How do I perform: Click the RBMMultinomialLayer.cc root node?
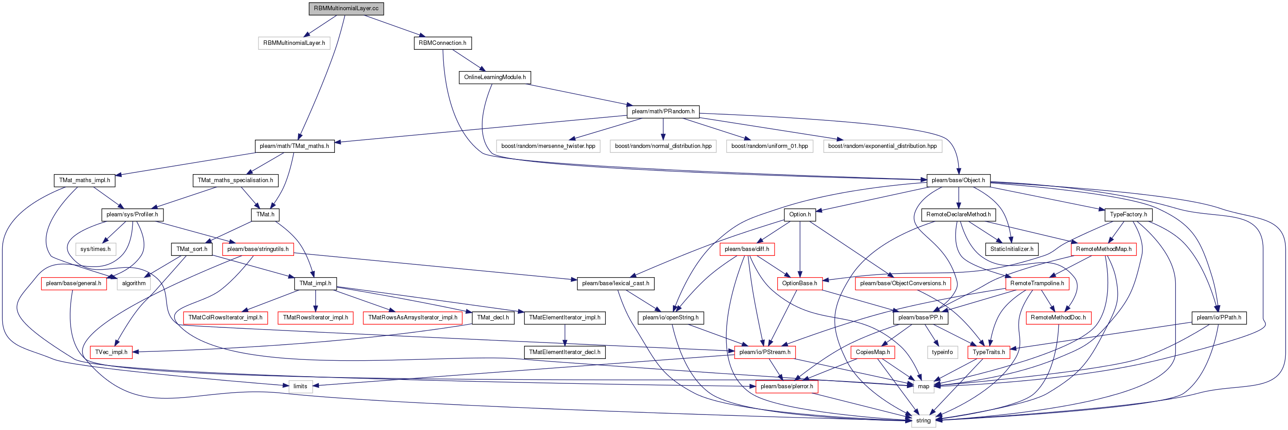346,8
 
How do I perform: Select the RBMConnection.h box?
442,43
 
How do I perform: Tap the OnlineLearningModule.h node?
494,77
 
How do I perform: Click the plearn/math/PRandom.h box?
663,111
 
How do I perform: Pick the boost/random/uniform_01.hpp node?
770,146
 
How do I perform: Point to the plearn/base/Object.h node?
958,180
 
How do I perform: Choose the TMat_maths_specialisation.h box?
235,180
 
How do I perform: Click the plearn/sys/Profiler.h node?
132,215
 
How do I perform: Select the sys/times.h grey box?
95,249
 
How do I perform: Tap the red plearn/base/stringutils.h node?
258,249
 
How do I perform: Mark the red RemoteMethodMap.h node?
1104,249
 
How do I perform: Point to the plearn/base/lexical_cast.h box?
616,283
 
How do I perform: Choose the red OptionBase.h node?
799,283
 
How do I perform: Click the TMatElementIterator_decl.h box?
564,352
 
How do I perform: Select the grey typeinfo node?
942,352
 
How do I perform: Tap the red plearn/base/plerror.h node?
787,386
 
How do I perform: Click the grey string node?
923,421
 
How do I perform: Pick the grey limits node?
300,386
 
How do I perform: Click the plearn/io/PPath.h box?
1219,318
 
